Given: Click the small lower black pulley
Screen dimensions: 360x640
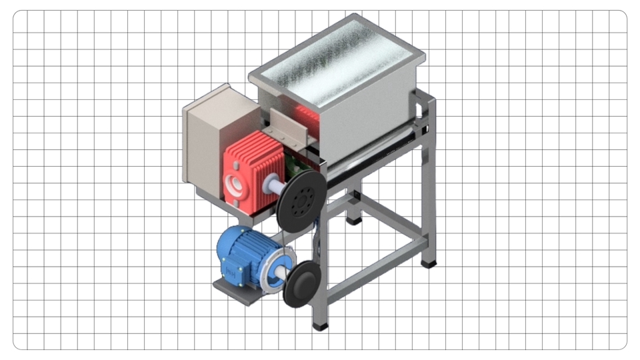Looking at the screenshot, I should pos(304,284).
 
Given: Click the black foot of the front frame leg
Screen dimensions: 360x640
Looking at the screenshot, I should pos(321,327).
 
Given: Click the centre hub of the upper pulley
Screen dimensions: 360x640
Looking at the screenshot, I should pos(305,198).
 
